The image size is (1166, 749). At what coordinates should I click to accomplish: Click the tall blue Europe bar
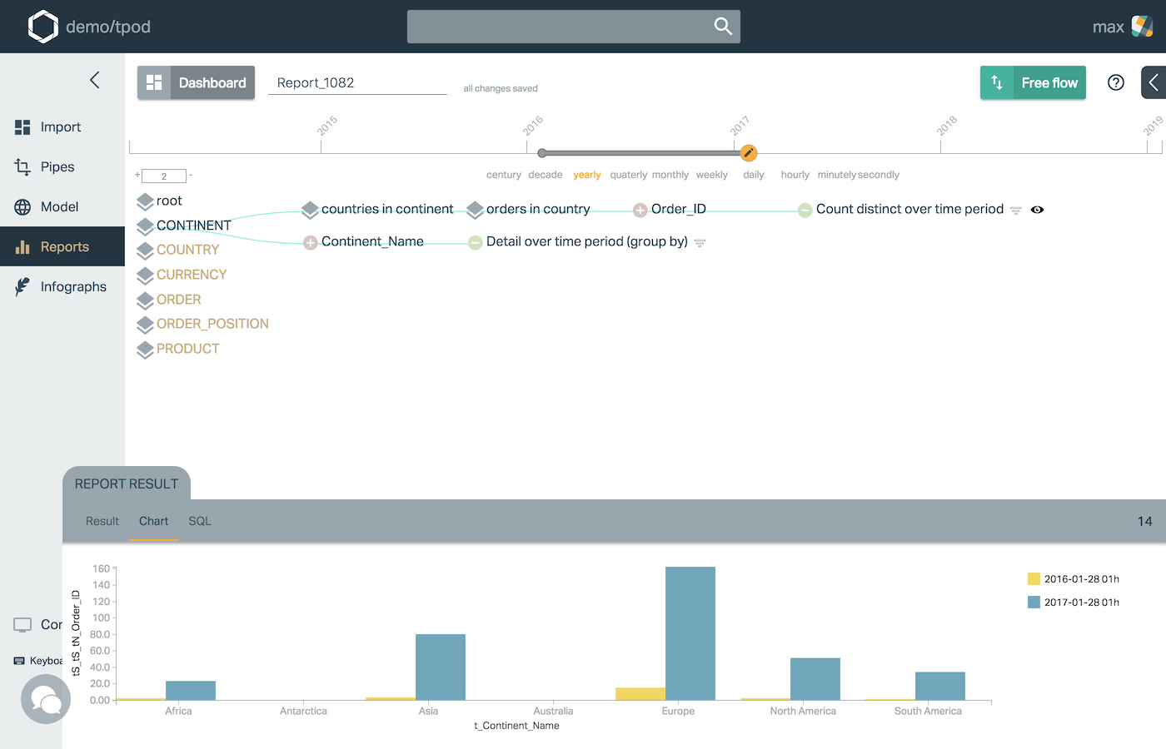(x=690, y=632)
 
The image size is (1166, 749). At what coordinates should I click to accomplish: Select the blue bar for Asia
(x=440, y=667)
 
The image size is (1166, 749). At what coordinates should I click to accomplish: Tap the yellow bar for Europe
(x=640, y=693)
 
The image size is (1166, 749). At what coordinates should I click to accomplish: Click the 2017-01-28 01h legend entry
(x=1081, y=603)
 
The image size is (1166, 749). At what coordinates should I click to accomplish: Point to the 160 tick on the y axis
(x=101, y=569)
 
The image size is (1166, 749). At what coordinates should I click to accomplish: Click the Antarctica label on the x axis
(x=303, y=712)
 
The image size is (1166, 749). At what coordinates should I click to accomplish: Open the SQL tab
(x=200, y=521)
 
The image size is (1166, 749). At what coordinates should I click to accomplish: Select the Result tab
(x=102, y=521)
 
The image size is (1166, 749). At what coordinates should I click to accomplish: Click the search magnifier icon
(x=723, y=27)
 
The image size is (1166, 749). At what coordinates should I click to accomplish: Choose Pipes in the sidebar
(x=57, y=167)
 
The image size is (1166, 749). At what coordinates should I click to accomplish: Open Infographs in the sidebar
(x=73, y=287)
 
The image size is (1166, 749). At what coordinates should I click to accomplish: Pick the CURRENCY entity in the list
(x=191, y=275)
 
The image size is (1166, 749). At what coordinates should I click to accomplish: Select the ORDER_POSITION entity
(x=212, y=324)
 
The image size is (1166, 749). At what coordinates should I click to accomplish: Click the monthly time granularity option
(x=670, y=175)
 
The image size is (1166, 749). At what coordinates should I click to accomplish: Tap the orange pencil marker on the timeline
(x=749, y=152)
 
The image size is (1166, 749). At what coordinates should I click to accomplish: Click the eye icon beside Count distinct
(x=1037, y=210)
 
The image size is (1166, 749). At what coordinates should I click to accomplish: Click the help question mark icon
(x=1116, y=82)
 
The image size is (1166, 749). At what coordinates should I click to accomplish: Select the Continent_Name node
(x=372, y=242)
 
